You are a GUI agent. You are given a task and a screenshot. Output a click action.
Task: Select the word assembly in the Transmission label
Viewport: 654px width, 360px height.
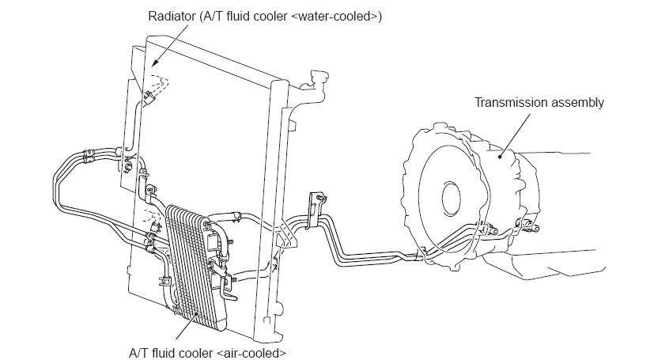(578, 102)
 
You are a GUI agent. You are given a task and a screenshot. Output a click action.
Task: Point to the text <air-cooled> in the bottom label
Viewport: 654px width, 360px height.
(251, 352)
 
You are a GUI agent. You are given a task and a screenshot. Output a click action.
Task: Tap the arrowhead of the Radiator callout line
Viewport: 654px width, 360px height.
(151, 63)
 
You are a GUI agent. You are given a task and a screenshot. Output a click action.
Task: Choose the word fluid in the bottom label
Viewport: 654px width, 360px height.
(164, 352)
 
